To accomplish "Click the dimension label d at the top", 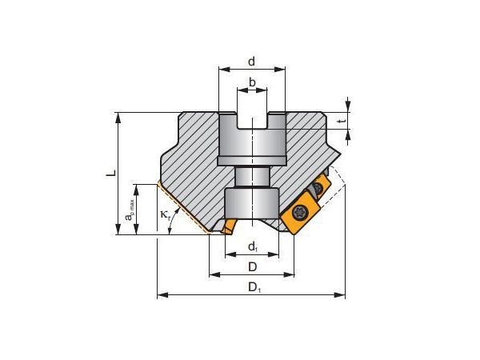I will point(251,61).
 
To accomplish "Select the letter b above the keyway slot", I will point(251,82).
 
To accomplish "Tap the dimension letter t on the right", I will point(342,121).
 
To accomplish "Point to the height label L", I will point(112,171).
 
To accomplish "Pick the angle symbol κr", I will point(165,214).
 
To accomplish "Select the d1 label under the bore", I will point(251,246).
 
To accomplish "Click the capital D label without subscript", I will point(251,266).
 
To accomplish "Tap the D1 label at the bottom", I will point(253,286).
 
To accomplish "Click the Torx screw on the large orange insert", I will point(300,213).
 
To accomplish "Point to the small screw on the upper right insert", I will point(319,189).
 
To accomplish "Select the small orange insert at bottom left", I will point(229,227).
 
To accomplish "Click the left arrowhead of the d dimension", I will point(222,71).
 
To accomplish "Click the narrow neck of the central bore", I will point(251,176).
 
